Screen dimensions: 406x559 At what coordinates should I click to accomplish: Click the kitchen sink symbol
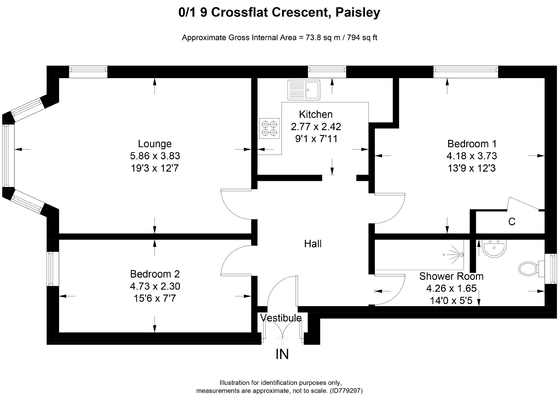[304, 90]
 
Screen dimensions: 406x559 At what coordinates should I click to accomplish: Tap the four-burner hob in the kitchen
[269, 129]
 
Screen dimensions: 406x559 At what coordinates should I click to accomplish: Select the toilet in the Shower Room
[528, 269]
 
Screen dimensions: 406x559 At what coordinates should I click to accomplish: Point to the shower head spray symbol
[455, 254]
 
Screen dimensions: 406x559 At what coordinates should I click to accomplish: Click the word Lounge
[155, 144]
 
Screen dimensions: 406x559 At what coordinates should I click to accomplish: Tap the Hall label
[313, 244]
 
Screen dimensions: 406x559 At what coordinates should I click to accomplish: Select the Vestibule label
[281, 318]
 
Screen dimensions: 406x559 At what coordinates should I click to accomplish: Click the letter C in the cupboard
[512, 222]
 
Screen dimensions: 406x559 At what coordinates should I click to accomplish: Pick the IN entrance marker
[282, 354]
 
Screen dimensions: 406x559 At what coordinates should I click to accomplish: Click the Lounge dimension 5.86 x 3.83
[155, 156]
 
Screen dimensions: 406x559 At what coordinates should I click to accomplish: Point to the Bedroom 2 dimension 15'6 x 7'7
[155, 298]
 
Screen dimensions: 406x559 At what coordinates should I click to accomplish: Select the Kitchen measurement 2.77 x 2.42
[316, 127]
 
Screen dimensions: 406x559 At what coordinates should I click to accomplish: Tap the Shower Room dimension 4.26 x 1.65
[451, 289]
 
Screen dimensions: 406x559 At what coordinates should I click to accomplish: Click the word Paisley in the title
[358, 12]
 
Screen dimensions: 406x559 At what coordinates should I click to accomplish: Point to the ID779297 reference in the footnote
[346, 391]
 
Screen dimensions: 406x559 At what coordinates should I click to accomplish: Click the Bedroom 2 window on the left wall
[51, 269]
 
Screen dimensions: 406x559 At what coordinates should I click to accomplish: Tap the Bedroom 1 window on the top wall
[466, 72]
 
